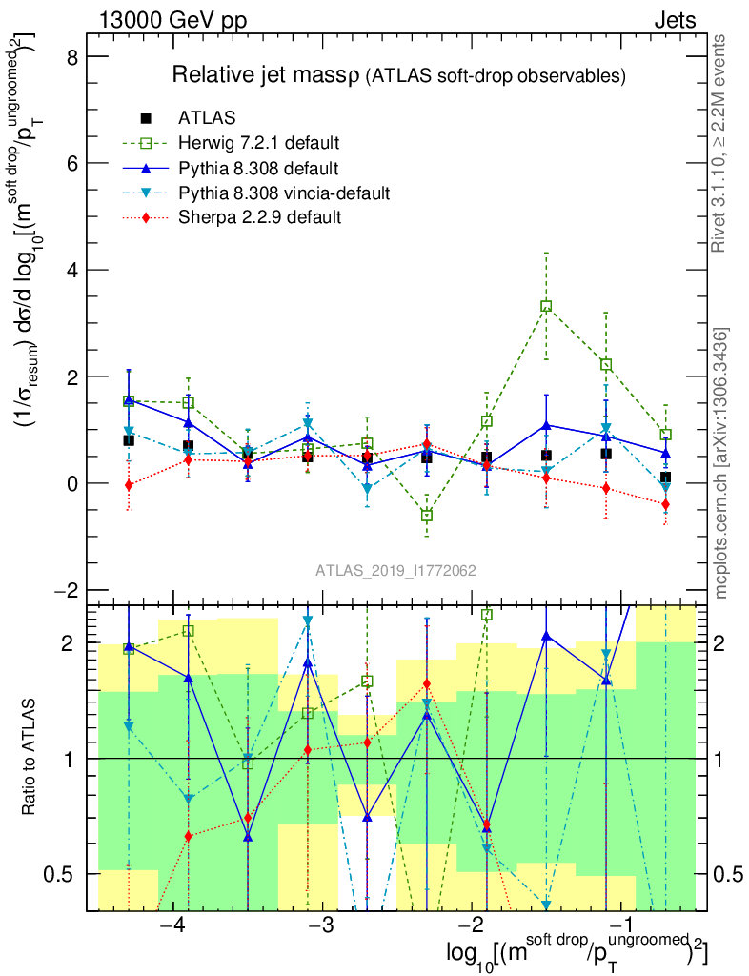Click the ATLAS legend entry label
click(207, 118)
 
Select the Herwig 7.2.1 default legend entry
click(258, 143)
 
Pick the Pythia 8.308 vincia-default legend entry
click(284, 193)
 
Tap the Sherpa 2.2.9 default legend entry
click(260, 218)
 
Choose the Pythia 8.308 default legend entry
click(258, 169)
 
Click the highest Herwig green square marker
click(546, 306)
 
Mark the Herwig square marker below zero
click(427, 515)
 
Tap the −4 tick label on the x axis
click(172, 926)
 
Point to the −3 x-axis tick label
click(322, 926)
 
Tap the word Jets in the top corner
click(674, 20)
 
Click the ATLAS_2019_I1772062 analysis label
click(395, 571)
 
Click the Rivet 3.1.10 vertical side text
click(720, 143)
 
